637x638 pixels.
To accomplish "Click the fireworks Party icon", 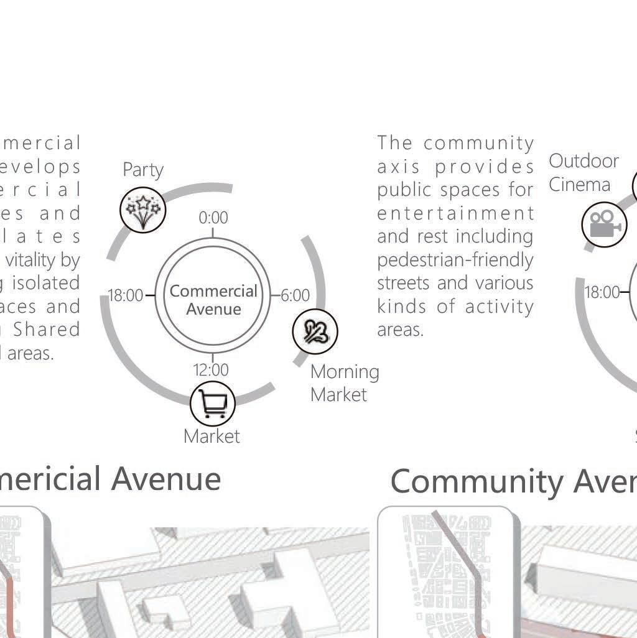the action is [x=143, y=209].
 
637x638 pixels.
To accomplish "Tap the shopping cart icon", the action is [x=213, y=403].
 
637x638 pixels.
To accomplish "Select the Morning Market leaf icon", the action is [x=315, y=331].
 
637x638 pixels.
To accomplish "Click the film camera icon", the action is [x=604, y=224].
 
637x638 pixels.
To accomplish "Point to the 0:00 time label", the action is [x=213, y=218].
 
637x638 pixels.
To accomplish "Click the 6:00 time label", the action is [x=295, y=295].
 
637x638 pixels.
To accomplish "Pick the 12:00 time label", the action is [x=211, y=370].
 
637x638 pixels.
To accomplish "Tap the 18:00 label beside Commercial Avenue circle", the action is [x=126, y=295].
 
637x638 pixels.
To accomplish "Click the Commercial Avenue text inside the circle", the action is [x=213, y=300].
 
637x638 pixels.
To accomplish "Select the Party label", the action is [x=143, y=170].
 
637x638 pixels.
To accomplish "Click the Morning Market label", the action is [x=344, y=383].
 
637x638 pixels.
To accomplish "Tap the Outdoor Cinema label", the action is [x=583, y=173].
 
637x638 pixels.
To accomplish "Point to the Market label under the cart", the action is [x=212, y=437].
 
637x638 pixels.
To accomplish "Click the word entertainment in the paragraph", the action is [x=455, y=213].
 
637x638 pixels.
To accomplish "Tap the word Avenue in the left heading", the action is [x=167, y=479].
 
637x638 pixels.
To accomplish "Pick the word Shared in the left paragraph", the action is [x=47, y=330].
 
